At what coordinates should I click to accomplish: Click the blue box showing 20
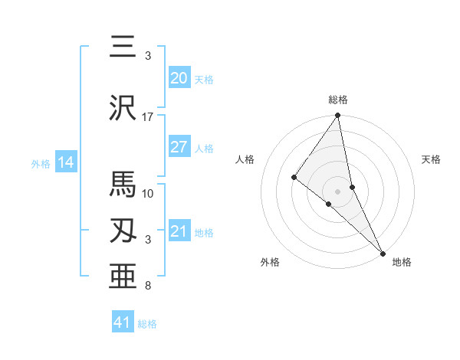click(x=179, y=77)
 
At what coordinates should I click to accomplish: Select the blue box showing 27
click(x=179, y=147)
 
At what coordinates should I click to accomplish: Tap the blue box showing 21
click(x=179, y=231)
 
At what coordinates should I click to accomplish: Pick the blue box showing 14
click(x=65, y=162)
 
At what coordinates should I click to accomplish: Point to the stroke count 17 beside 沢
click(x=148, y=117)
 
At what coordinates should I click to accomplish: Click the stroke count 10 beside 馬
click(x=148, y=193)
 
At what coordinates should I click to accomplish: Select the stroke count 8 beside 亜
click(x=148, y=286)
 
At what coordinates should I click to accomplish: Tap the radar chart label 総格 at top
click(x=338, y=100)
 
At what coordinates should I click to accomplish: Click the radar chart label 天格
click(x=431, y=159)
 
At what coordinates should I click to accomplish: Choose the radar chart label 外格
click(x=270, y=262)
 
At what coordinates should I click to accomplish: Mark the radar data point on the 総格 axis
click(x=338, y=116)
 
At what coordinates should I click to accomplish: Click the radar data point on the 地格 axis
click(x=383, y=252)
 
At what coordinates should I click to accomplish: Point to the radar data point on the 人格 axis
click(x=294, y=177)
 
